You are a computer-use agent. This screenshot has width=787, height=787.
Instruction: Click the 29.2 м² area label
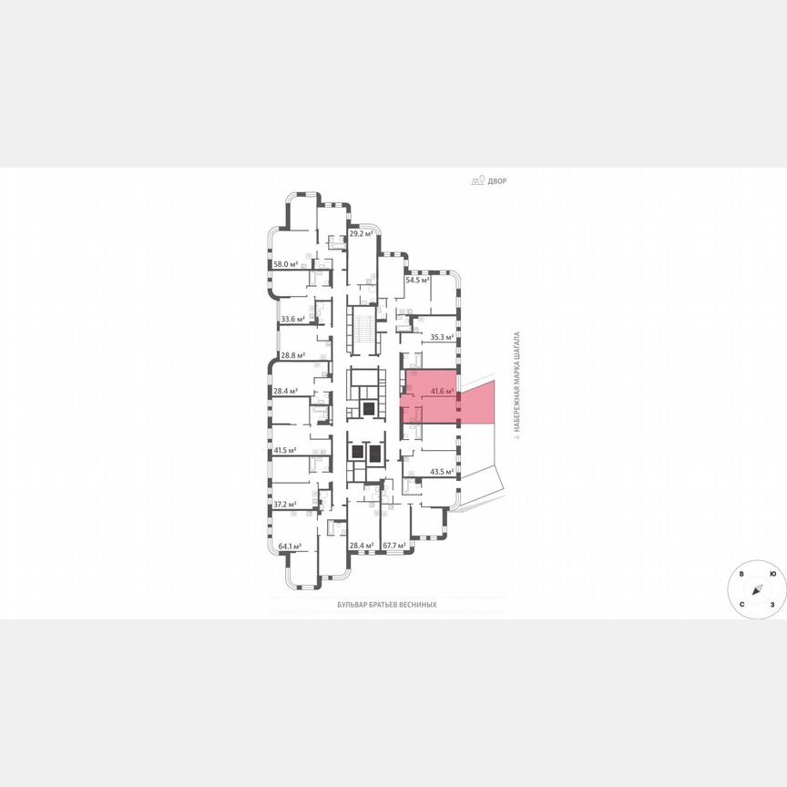[x=362, y=233]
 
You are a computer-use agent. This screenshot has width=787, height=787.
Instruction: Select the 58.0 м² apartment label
[x=286, y=264]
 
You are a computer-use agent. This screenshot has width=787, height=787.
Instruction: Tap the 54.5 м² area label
[x=417, y=280]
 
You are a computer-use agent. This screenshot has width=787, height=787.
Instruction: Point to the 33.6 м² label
[x=293, y=319]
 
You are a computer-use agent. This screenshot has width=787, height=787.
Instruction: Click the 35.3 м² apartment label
[x=442, y=337]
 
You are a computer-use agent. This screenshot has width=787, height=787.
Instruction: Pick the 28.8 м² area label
[x=293, y=355]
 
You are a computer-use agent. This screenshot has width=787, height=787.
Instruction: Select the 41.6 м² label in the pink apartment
[x=442, y=391]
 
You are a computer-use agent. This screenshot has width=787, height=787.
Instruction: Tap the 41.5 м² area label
[x=286, y=450]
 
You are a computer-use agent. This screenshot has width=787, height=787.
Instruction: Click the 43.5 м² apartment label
[x=442, y=472]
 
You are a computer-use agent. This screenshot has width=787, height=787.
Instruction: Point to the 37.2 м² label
[x=286, y=504]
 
